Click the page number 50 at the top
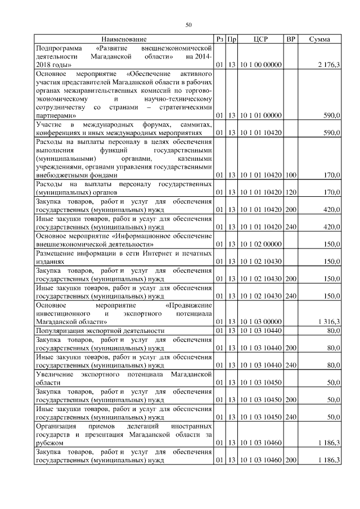click(x=189, y=24)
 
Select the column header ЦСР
click(x=260, y=39)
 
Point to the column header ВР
click(x=291, y=39)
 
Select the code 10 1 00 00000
click(x=260, y=66)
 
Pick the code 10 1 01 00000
click(x=260, y=115)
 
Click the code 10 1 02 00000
click(x=260, y=244)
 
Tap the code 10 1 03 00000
click(x=260, y=322)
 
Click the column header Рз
click(x=220, y=39)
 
